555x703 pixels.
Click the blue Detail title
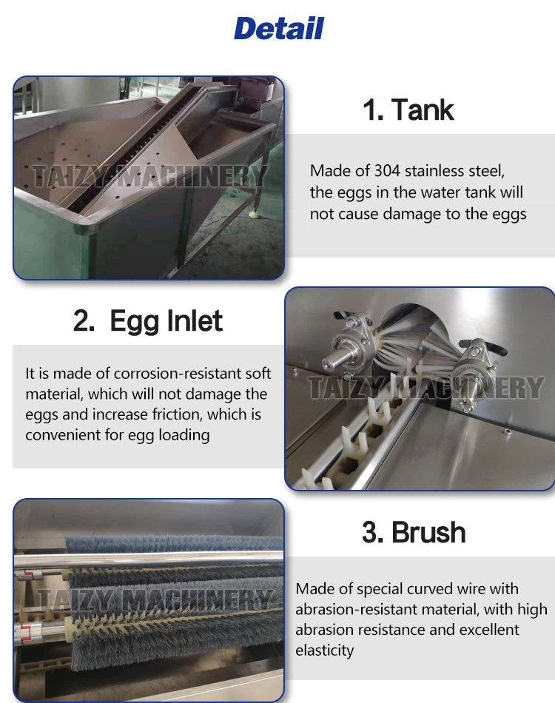click(278, 29)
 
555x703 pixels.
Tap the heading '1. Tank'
click(408, 110)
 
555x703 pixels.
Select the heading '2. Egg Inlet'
click(148, 321)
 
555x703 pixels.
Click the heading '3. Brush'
click(414, 532)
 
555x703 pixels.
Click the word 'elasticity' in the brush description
click(325, 650)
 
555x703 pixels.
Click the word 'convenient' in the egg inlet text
click(60, 435)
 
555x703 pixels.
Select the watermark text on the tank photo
click(148, 176)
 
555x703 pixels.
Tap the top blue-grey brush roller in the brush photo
click(170, 545)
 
